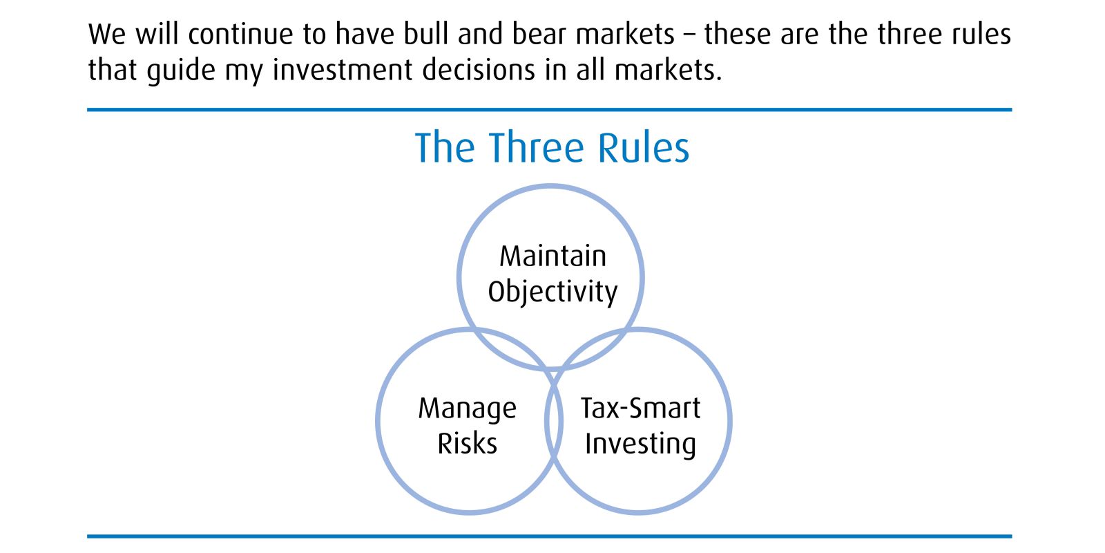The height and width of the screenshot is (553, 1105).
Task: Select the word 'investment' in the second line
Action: click(x=343, y=70)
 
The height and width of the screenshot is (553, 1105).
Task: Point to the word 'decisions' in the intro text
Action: click(x=479, y=70)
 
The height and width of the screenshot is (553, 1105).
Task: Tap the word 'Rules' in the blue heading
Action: click(x=643, y=148)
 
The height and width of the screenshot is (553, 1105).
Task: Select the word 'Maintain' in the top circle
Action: click(x=553, y=256)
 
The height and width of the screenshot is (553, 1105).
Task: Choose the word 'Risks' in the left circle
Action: click(x=467, y=443)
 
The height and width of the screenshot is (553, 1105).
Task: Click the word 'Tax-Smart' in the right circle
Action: click(x=640, y=408)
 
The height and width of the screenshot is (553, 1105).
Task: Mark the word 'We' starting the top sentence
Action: click(x=107, y=35)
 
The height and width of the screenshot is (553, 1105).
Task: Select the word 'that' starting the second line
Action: click(x=113, y=70)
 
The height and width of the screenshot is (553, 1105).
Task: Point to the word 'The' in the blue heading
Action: click(x=445, y=148)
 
